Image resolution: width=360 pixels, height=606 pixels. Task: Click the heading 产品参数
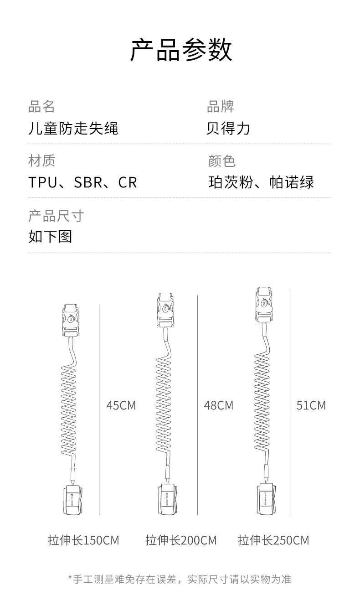(x=181, y=51)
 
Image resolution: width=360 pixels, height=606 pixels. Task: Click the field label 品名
(x=41, y=106)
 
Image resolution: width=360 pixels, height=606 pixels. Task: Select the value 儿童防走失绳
(x=73, y=128)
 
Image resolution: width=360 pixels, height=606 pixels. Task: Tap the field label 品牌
(x=221, y=106)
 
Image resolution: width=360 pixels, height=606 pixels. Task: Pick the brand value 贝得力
(x=228, y=128)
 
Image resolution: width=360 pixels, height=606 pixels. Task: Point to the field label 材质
(x=41, y=161)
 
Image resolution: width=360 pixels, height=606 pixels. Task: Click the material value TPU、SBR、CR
(x=82, y=182)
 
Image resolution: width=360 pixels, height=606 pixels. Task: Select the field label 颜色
(x=221, y=161)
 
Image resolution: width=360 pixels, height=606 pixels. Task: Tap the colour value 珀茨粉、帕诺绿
(x=261, y=182)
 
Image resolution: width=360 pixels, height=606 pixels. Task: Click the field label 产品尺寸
(x=56, y=215)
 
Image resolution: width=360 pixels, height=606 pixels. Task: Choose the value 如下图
(x=50, y=237)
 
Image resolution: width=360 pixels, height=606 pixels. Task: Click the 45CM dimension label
(x=121, y=405)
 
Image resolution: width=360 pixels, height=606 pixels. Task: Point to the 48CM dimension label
(x=218, y=405)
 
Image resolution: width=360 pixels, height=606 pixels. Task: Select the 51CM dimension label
(x=311, y=405)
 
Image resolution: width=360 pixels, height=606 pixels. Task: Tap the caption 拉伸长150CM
(x=83, y=540)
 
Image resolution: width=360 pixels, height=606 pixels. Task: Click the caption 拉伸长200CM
(x=181, y=540)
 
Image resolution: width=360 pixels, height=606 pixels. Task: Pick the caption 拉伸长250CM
(x=273, y=540)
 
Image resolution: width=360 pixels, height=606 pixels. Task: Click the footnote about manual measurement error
(x=180, y=579)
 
